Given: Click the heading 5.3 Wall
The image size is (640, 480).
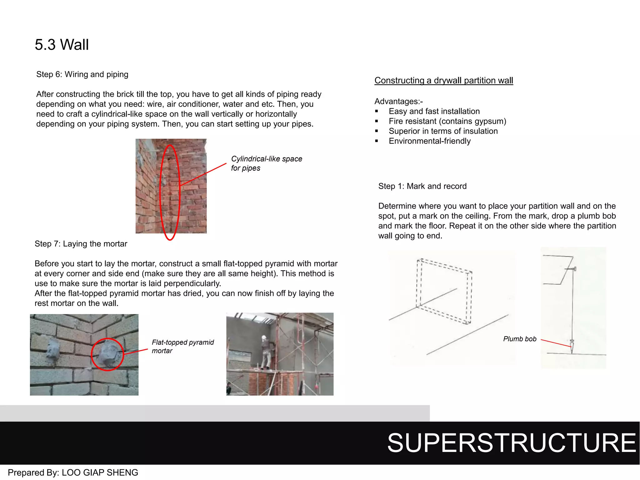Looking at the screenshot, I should (x=62, y=45).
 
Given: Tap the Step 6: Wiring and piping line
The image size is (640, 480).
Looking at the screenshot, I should (x=82, y=74).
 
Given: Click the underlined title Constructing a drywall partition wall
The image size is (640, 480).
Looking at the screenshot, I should (x=443, y=81).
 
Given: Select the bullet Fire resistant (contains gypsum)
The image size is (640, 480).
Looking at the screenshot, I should (x=447, y=121).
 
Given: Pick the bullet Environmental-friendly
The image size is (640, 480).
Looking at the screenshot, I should (x=429, y=141).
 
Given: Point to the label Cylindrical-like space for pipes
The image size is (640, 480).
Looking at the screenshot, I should (x=266, y=163).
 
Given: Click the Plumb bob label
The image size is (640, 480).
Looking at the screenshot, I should (x=519, y=339).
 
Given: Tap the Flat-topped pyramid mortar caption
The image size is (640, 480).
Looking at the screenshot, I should (x=182, y=347).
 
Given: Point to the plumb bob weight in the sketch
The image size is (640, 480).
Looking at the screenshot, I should (x=572, y=345).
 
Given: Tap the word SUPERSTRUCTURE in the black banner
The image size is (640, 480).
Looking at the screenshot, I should (x=511, y=443).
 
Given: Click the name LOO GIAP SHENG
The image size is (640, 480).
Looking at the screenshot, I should (x=100, y=472).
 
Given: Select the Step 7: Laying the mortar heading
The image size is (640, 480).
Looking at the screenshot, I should (x=81, y=244).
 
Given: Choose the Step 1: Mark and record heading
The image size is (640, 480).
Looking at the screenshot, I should (x=422, y=186).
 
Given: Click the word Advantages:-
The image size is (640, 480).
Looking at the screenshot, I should (x=398, y=102).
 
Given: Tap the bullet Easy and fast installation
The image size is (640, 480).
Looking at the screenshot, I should (x=434, y=112).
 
